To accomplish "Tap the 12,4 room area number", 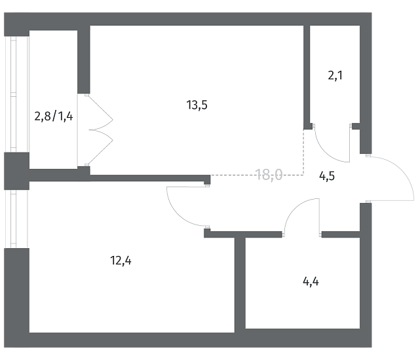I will click(121, 261).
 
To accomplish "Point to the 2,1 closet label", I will click(335, 75).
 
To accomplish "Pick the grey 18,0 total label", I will click(269, 174).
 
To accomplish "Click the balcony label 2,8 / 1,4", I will click(52, 117).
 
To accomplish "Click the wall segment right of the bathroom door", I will click(341, 234).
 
